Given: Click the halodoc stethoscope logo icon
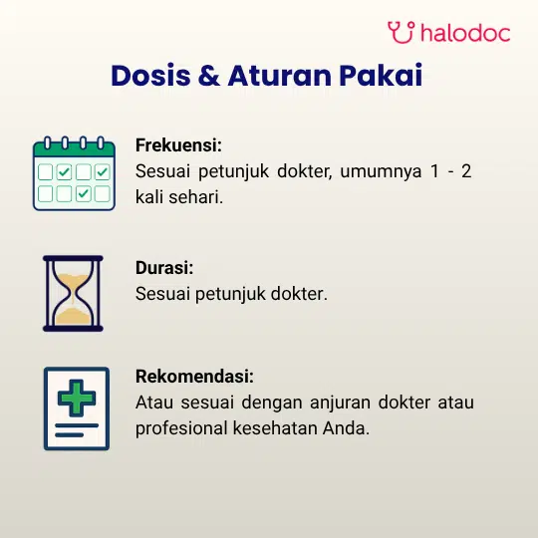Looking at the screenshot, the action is pyautogui.click(x=401, y=32).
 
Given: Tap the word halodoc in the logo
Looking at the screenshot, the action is pyautogui.click(x=465, y=33).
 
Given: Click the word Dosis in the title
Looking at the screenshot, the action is pyautogui.click(x=150, y=76).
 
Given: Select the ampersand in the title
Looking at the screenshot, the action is pyautogui.click(x=209, y=76).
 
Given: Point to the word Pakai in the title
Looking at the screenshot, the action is pyautogui.click(x=381, y=76).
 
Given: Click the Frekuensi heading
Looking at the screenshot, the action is pyautogui.click(x=178, y=144).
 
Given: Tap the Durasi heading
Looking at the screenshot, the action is pyautogui.click(x=164, y=268).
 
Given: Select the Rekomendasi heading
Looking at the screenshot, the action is pyautogui.click(x=194, y=376).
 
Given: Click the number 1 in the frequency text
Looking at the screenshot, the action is pyautogui.click(x=434, y=171).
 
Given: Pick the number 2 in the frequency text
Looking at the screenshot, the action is pyautogui.click(x=466, y=171).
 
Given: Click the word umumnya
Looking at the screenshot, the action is pyautogui.click(x=381, y=172).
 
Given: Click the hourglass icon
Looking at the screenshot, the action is pyautogui.click(x=73, y=293).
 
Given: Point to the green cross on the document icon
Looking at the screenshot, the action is pyautogui.click(x=77, y=398).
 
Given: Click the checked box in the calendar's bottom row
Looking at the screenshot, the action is pyautogui.click(x=83, y=194).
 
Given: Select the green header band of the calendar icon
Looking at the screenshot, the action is pyautogui.click(x=74, y=149).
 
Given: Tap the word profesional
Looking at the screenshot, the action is pyautogui.click(x=181, y=429).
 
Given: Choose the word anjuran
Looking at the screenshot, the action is pyautogui.click(x=340, y=403).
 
